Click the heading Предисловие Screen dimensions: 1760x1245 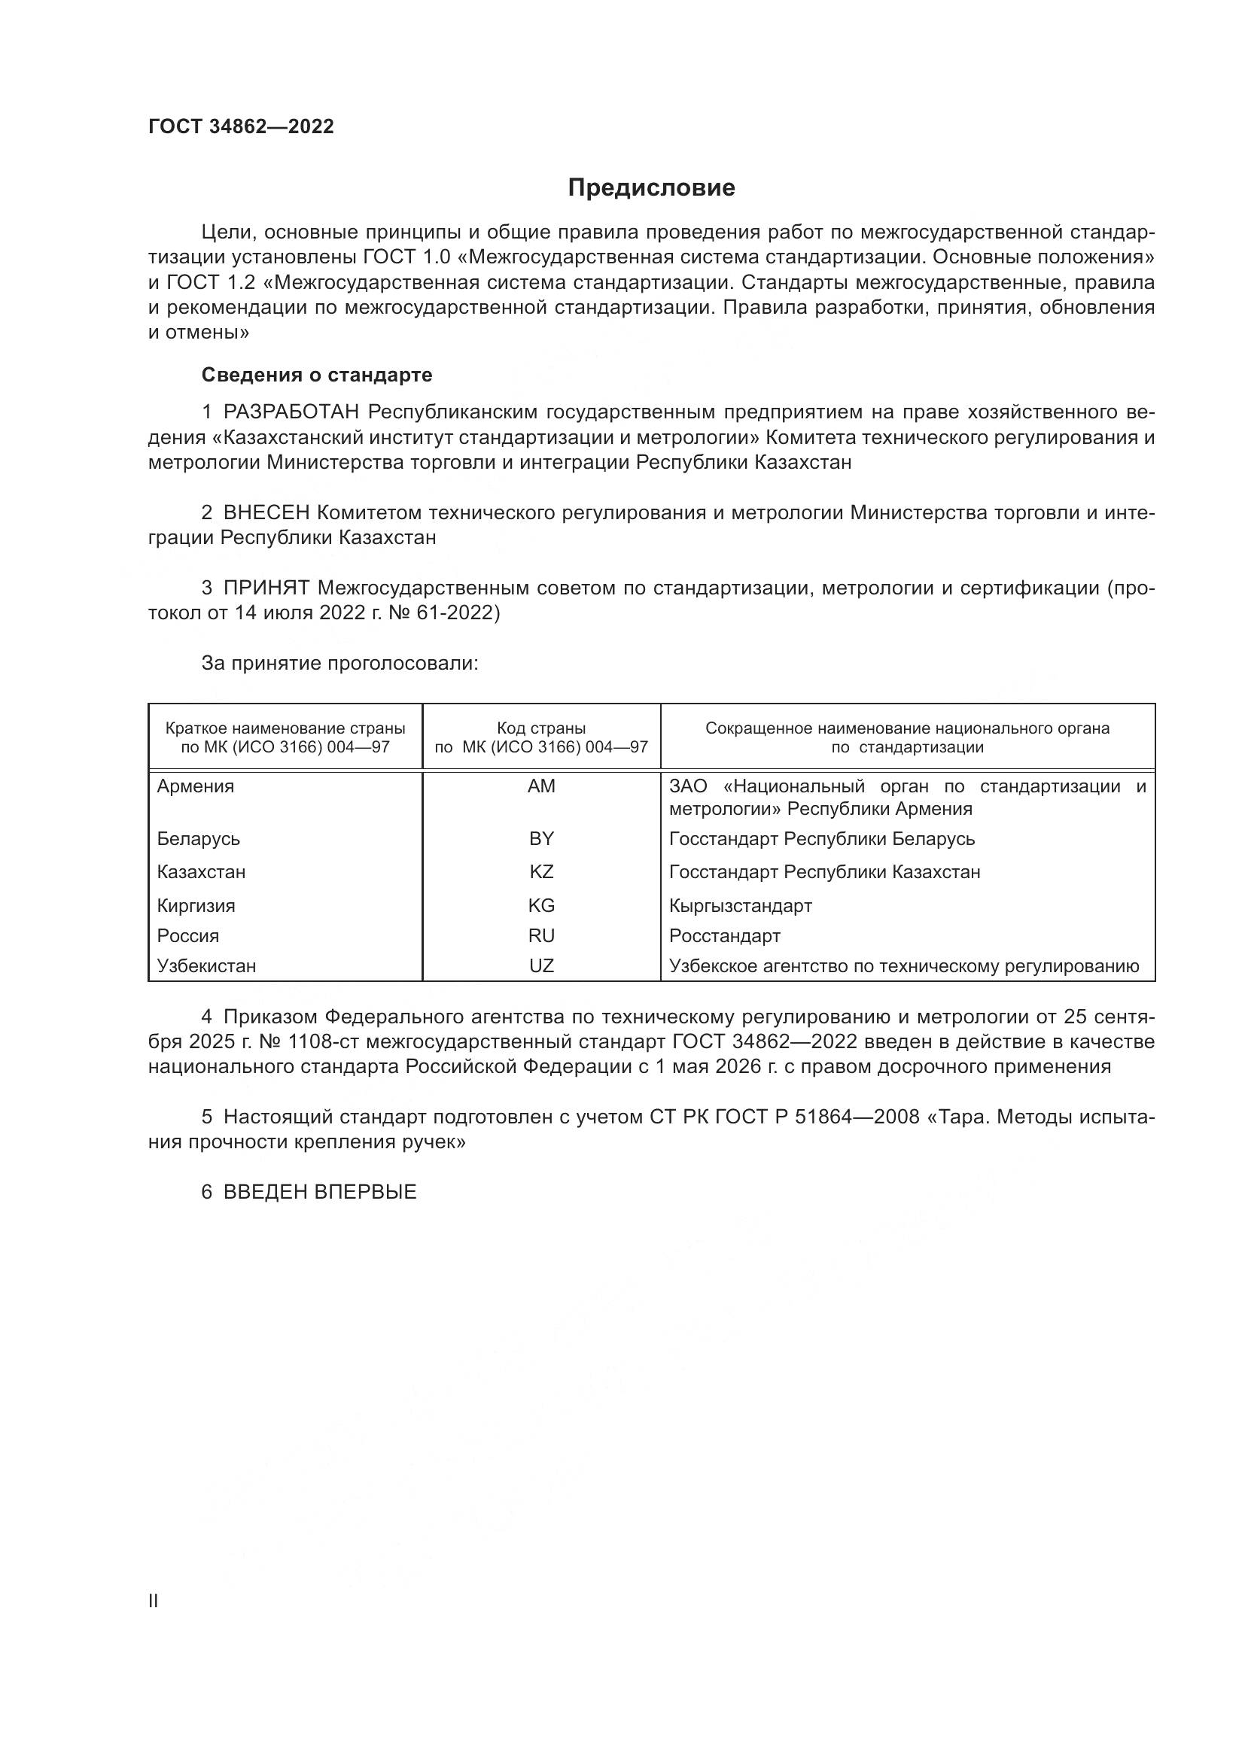tap(651, 188)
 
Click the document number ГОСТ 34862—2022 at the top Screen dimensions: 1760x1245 tap(241, 127)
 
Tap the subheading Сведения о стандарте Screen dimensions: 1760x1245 tap(317, 375)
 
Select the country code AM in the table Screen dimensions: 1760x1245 tap(541, 786)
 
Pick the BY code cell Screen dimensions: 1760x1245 tap(541, 838)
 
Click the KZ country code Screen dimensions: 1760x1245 tap(541, 872)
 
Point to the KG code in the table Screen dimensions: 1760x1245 tap(541, 906)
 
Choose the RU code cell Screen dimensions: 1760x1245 tap(541, 936)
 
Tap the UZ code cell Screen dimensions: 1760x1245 tap(541, 966)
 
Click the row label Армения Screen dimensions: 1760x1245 tap(196, 786)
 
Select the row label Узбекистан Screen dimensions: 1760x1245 tap(206, 966)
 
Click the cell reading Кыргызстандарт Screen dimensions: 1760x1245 tap(740, 906)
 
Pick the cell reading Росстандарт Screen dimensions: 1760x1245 tap(724, 936)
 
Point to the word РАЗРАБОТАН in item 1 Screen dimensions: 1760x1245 tap(291, 412)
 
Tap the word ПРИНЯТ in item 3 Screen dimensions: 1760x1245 tap(266, 588)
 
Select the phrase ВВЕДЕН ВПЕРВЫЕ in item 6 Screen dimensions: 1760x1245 tap(320, 1192)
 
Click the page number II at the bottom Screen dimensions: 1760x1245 tap(154, 1600)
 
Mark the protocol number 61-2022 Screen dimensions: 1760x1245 tap(459, 613)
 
